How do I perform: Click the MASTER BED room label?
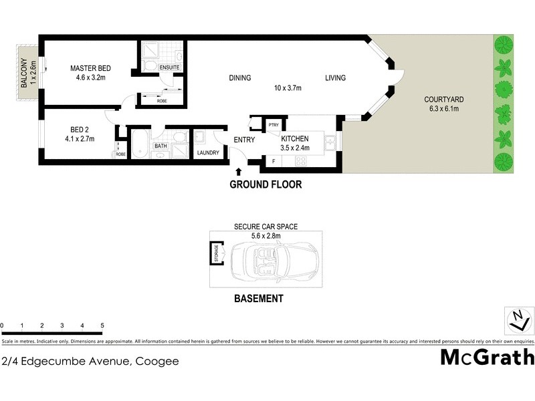pyautogui.click(x=91, y=69)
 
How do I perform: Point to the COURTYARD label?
pyautogui.click(x=443, y=100)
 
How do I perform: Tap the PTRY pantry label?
pyautogui.click(x=273, y=125)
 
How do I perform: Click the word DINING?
pyautogui.click(x=239, y=78)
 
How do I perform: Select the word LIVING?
pyautogui.click(x=336, y=78)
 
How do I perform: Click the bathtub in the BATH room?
pyautogui.click(x=139, y=144)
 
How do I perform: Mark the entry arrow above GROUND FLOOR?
pyautogui.click(x=239, y=172)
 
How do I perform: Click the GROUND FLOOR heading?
pyautogui.click(x=265, y=184)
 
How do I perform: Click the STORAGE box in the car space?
pyautogui.click(x=216, y=254)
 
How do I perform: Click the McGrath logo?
pyautogui.click(x=487, y=357)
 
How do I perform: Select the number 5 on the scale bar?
pyautogui.click(x=102, y=326)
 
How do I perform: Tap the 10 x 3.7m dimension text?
pyautogui.click(x=288, y=88)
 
